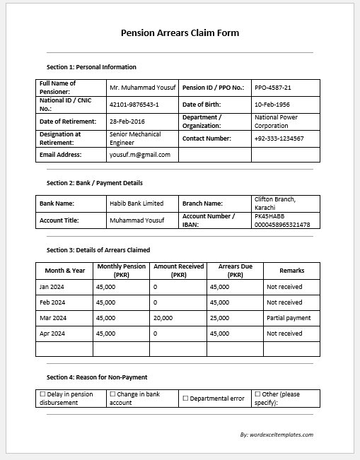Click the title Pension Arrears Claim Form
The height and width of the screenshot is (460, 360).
180,33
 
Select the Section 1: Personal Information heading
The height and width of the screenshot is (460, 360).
91,67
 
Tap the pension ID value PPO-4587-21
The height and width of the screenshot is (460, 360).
272,88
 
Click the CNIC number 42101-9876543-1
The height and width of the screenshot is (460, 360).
134,105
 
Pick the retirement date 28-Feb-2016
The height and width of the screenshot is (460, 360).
127,122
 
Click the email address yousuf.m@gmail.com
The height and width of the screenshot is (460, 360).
140,154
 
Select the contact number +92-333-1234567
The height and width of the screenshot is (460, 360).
279,138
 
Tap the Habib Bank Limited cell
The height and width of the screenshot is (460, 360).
137,204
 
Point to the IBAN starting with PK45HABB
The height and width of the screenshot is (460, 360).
281,220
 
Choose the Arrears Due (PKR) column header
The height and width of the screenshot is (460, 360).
235,270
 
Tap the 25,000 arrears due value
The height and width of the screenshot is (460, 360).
219,318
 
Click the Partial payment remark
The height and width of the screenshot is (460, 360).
289,318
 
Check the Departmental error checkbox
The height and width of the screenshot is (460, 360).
186,399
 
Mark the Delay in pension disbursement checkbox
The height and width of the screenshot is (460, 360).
42,394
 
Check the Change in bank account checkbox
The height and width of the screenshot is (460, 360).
112,394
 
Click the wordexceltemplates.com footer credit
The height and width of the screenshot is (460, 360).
277,435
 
